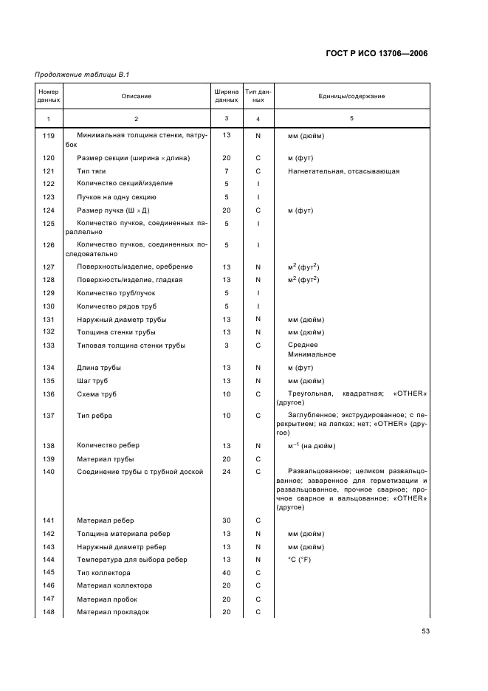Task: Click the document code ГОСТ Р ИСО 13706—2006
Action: point(377,53)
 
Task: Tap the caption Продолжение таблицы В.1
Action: point(77,75)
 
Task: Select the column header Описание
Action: point(137,96)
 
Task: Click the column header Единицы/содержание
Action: point(351,96)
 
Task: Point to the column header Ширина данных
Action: point(227,96)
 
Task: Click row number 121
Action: point(49,171)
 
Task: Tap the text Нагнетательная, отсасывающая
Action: point(343,171)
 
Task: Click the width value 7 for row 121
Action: point(227,171)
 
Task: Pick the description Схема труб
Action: point(97,394)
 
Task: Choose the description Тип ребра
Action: point(94,416)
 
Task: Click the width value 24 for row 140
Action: point(227,472)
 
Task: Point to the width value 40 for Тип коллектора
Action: point(227,573)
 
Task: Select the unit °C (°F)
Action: point(300,560)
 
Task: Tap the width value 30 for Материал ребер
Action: point(227,520)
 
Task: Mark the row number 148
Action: point(49,612)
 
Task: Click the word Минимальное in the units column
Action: point(312,354)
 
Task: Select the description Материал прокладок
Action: point(113,612)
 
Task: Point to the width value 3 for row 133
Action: point(227,345)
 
